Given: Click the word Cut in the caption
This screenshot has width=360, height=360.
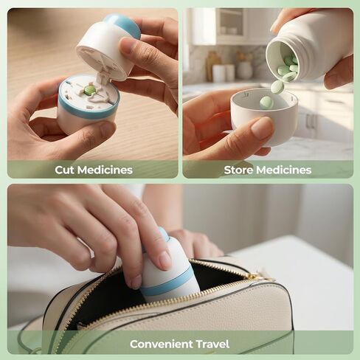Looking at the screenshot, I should click(65, 170).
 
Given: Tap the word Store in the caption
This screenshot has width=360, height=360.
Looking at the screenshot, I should click(238, 170).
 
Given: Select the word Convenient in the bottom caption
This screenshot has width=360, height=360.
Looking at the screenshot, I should click(161, 344).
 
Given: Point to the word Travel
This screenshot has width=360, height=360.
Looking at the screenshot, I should click(212, 344).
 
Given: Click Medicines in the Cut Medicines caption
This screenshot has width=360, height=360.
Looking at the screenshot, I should click(105, 170).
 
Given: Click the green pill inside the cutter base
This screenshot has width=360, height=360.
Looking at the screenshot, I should click(89, 90).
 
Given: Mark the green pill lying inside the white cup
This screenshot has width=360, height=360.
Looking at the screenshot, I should click(266, 103).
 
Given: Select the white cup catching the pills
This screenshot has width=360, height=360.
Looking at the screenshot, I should click(263, 118).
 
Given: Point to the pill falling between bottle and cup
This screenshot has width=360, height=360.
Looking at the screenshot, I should click(277, 86).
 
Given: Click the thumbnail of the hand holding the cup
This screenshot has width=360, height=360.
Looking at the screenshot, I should click(262, 128).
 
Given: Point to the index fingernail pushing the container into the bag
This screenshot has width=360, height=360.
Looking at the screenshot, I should click(164, 260).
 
